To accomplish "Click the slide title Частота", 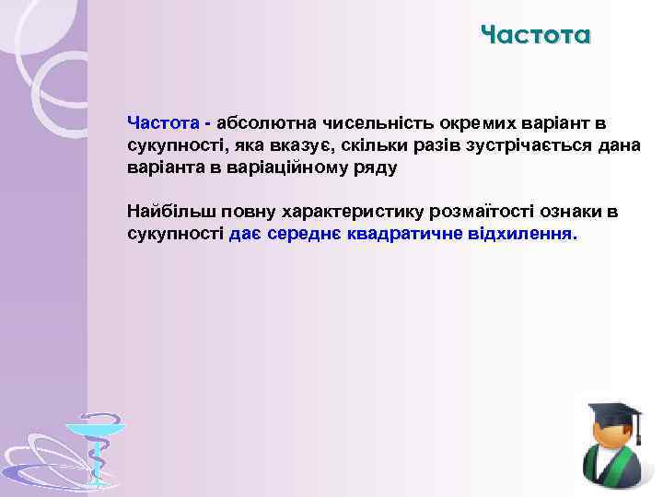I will pos(535,36).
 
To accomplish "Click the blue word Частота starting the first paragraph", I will pos(163,122).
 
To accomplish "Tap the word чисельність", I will pos(361,122).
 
